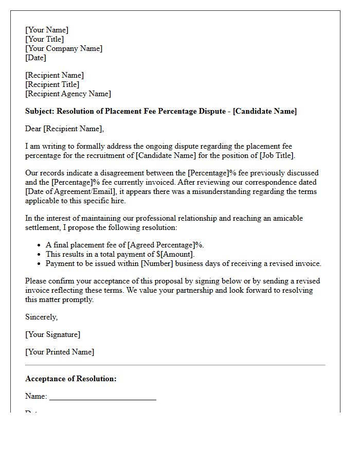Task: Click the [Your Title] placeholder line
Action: [x=45, y=39]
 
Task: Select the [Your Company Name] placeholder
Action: [x=64, y=48]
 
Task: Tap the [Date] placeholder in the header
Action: [x=35, y=58]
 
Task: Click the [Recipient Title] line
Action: [x=52, y=84]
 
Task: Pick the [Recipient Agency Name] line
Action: [x=68, y=94]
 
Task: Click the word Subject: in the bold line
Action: [x=40, y=111]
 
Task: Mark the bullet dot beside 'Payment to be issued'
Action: [x=40, y=263]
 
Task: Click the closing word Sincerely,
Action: [x=41, y=317]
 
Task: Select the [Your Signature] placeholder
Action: [x=52, y=334]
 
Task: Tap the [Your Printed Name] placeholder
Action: [x=60, y=352]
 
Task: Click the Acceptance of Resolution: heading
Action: [x=71, y=379]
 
